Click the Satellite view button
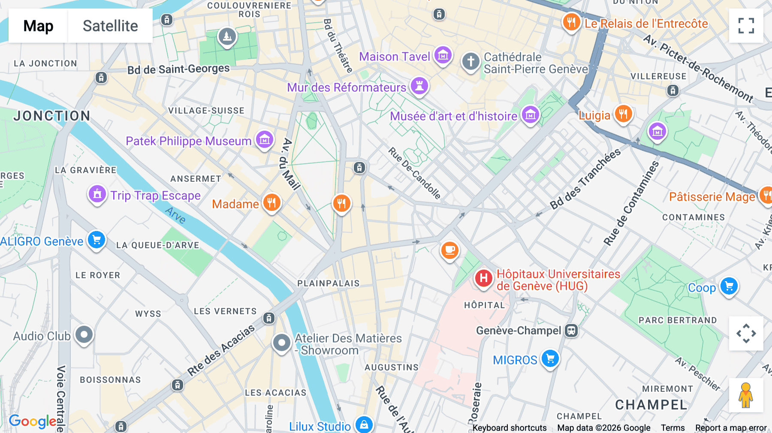coord(110,26)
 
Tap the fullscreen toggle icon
coord(746,26)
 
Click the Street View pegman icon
coord(746,395)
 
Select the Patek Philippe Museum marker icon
coord(265,140)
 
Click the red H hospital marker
coord(483,278)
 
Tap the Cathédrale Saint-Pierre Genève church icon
coord(470,61)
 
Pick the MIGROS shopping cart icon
coord(550,358)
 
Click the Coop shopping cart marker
coord(729,286)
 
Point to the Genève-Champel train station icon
coord(571,331)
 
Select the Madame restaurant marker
coord(271,202)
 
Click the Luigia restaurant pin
coord(623,114)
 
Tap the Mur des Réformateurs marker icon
coord(419,86)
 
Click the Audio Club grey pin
coord(84,334)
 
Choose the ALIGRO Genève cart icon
coord(96,240)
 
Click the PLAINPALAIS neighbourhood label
coord(329,283)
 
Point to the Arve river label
coord(176,215)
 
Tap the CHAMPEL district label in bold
coord(651,405)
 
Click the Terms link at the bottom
coord(672,428)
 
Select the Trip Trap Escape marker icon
coord(97,194)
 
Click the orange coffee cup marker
coord(449,250)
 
